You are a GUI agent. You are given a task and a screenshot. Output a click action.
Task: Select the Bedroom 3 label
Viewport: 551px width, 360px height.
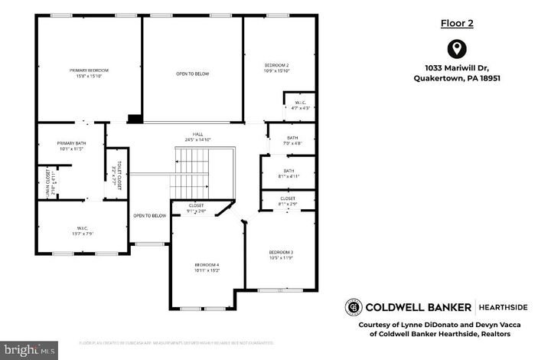coord(281,252)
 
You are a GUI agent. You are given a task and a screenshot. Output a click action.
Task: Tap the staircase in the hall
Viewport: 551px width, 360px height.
coord(194,173)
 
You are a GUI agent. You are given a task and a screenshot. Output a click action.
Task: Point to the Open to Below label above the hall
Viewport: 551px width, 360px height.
coord(192,74)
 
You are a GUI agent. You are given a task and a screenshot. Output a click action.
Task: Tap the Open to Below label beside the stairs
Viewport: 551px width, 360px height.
coord(149,215)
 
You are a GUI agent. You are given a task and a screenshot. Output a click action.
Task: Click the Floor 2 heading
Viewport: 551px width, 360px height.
coord(457,23)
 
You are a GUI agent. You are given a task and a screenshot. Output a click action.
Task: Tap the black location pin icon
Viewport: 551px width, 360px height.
coord(457,50)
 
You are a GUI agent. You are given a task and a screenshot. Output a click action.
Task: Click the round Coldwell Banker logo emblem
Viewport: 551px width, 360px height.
coord(354,306)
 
